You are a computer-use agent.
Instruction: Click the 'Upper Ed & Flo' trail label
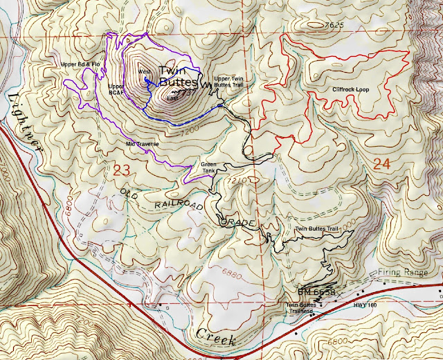80,65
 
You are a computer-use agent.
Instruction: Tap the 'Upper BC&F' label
116,89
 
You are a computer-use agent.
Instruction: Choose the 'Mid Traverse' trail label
143,144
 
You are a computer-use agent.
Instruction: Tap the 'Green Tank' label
208,168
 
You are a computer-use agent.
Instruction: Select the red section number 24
383,164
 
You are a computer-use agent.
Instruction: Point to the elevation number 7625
335,26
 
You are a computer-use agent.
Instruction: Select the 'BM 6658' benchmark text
316,293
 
